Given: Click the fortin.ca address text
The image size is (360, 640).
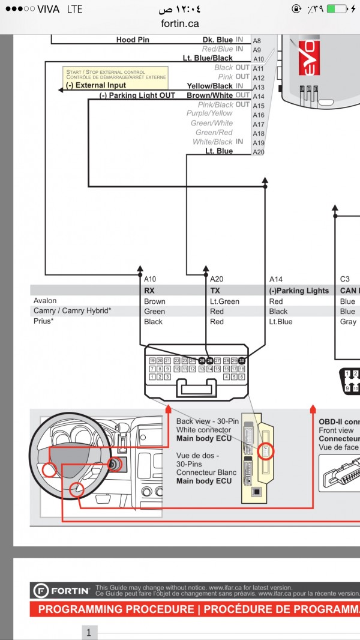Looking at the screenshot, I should pos(179,23).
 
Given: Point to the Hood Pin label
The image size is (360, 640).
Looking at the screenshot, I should pos(133,40).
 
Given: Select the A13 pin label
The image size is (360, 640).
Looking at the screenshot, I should pos(258,86).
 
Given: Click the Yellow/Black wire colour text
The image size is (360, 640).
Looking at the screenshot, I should pos(209,86).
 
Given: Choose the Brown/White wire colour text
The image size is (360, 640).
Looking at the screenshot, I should pos(209,95).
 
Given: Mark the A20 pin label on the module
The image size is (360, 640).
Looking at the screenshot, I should pos(258,152).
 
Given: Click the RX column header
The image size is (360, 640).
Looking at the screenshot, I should pos(149,291).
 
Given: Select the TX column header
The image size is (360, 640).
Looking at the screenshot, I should pos(215,291).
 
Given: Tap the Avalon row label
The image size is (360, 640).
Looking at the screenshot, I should pos(45,301).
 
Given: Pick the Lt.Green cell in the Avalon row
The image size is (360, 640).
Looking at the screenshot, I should pos(224,301).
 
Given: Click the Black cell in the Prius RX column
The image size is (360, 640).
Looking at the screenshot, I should pos(153,322).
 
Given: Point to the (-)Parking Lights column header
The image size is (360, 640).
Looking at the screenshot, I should pos(299,291).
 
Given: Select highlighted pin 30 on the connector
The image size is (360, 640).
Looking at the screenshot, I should pos(242,360).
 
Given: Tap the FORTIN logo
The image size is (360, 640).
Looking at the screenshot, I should pos(61,591).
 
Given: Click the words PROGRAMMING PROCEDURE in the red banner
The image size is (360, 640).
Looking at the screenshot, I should pos(116,609).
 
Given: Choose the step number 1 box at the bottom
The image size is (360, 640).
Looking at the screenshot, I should pos(89,632).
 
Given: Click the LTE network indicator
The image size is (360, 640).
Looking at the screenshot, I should pos(75,10).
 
